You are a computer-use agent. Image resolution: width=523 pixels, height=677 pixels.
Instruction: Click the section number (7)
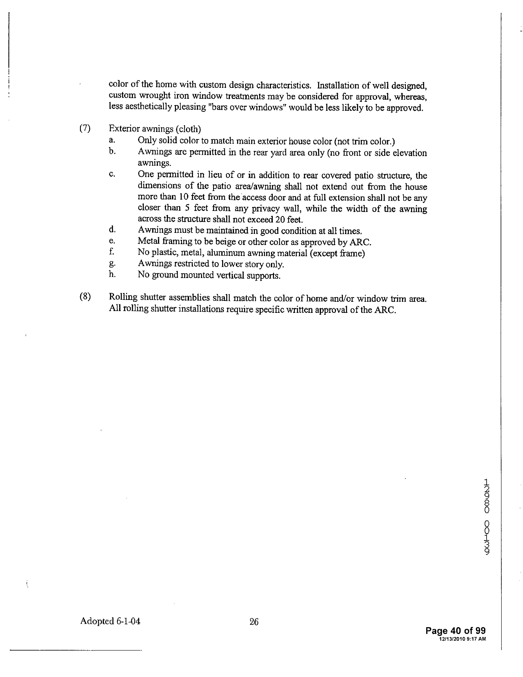pos(85,128)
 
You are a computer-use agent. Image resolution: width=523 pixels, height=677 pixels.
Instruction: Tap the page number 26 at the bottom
pos(254,622)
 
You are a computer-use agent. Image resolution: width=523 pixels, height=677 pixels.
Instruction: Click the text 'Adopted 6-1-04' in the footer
pos(110,621)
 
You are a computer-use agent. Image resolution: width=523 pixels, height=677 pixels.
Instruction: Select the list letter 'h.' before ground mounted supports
pos(112,275)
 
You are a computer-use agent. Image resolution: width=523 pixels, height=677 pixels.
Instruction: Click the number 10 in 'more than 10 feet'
pos(183,197)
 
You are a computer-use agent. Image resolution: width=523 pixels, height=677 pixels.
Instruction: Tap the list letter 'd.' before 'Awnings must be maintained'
pos(112,230)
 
